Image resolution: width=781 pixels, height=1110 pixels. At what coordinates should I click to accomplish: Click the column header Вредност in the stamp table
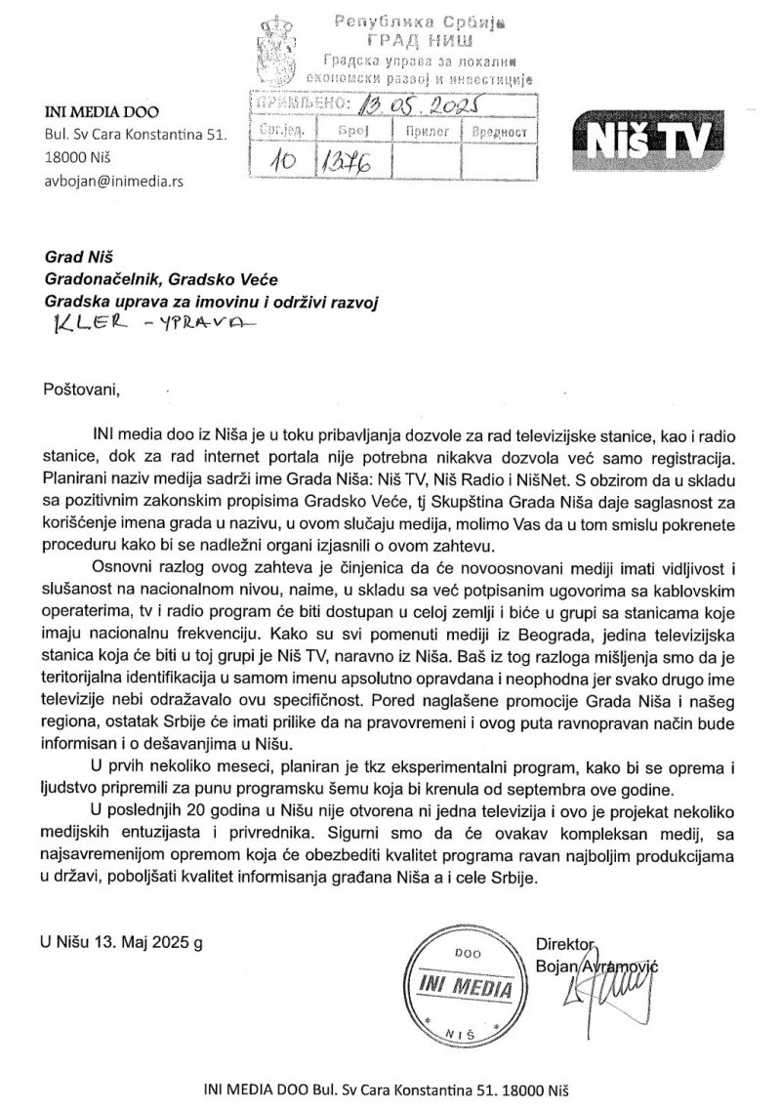tap(499, 129)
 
